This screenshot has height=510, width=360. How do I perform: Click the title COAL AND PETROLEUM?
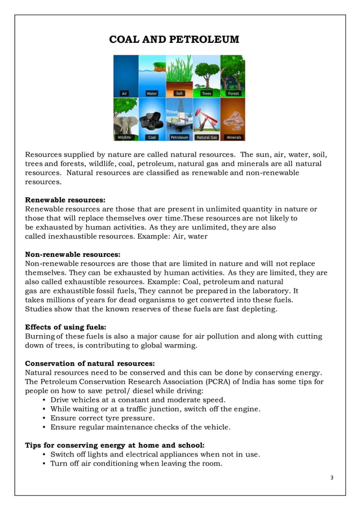click(174, 39)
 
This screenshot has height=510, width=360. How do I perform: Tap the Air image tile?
click(125, 76)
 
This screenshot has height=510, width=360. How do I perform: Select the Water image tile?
click(152, 76)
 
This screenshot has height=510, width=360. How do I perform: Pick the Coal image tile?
click(152, 120)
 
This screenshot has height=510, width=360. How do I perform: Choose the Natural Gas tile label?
click(206, 137)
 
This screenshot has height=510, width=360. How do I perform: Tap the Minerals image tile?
click(232, 120)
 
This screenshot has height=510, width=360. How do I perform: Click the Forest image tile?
click(232, 76)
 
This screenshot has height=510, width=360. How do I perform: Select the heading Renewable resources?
click(65, 200)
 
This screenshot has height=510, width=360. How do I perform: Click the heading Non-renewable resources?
click(73, 254)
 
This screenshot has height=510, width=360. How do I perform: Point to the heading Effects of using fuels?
click(65, 327)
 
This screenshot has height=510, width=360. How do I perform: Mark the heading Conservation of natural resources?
click(90, 363)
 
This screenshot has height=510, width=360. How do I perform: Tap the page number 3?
click(332, 478)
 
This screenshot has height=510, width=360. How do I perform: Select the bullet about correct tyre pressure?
click(102, 418)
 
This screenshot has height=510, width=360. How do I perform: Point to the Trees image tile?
click(206, 76)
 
